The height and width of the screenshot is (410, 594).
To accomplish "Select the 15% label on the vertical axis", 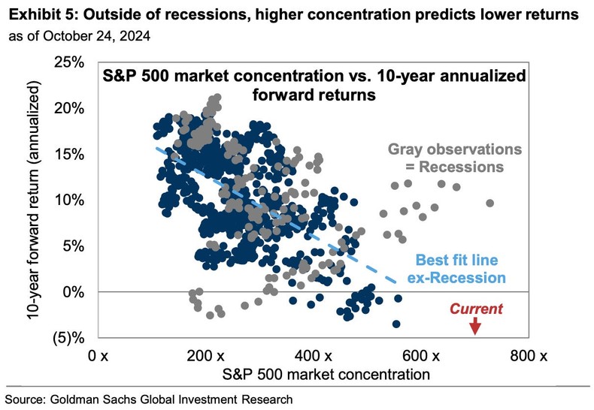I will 69,154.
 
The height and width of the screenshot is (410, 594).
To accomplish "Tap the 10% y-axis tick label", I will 69,200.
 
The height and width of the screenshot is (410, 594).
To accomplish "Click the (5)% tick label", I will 67,337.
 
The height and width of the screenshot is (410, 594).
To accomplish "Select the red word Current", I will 475,309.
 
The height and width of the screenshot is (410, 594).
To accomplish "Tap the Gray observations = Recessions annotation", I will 444,157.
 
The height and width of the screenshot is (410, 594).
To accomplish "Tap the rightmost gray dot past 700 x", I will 489,203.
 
